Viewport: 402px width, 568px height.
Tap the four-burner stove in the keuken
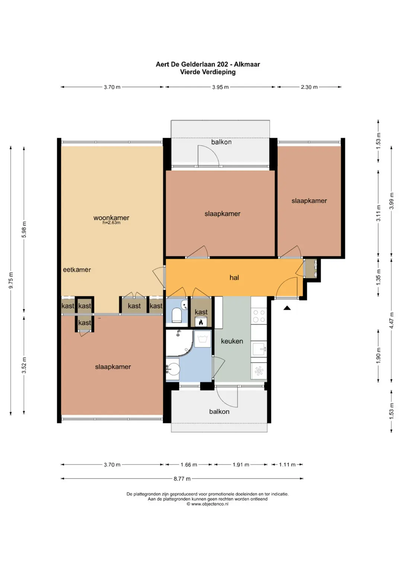tap(259, 316)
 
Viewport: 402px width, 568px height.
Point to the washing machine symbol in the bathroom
tap(202, 338)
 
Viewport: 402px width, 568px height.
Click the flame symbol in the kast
tap(201, 322)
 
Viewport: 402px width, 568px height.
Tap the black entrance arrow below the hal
tap(287, 308)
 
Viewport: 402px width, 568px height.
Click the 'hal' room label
tap(234, 277)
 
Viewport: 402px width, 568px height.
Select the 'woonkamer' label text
tap(111, 218)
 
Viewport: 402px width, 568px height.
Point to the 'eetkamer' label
tap(77, 270)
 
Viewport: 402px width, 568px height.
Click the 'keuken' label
tap(232, 341)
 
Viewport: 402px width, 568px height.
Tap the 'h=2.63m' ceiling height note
tap(111, 223)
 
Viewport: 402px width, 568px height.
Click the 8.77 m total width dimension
tap(182, 479)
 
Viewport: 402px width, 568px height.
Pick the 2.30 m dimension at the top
tap(309, 87)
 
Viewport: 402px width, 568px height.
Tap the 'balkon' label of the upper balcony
tap(221, 142)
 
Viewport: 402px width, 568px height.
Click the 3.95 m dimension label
tap(220, 87)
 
